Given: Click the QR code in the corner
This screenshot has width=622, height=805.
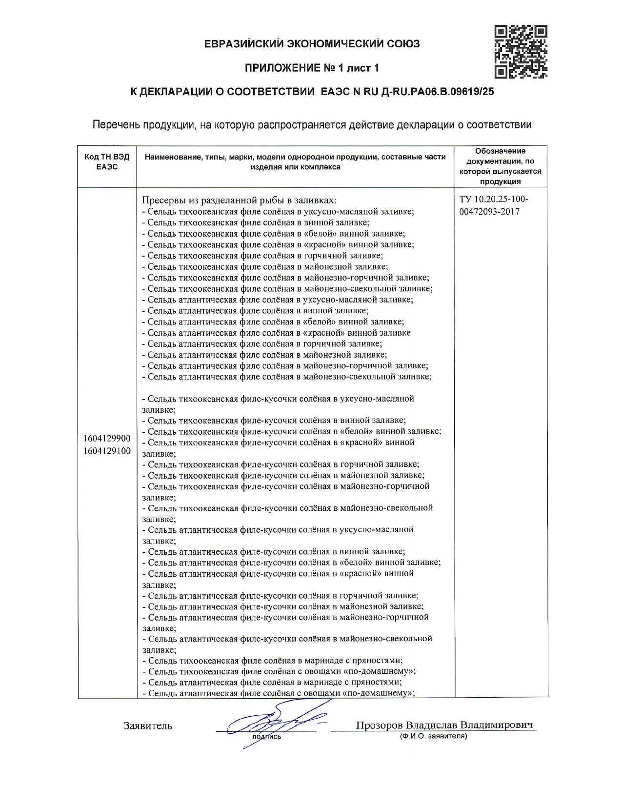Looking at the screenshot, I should pyautogui.click(x=521, y=52).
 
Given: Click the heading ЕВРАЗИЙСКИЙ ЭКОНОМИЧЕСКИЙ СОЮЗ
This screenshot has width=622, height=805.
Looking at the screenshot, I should pyautogui.click(x=312, y=44).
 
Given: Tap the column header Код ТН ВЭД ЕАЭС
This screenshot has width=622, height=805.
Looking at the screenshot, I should pyautogui.click(x=107, y=162).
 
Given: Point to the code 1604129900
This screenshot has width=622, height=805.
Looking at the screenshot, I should pyautogui.click(x=107, y=439).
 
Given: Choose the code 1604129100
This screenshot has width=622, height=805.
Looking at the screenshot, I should pyautogui.click(x=107, y=451).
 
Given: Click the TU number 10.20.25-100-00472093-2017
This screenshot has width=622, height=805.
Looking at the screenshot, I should pyautogui.click(x=494, y=205).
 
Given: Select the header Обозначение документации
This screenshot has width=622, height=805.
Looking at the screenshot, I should pyautogui.click(x=500, y=166).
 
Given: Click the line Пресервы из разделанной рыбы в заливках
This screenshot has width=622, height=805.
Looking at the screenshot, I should pyautogui.click(x=239, y=201).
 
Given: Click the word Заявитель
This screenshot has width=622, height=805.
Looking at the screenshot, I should pyautogui.click(x=148, y=726).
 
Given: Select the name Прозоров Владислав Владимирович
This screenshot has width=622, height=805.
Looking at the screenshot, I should pyautogui.click(x=444, y=725).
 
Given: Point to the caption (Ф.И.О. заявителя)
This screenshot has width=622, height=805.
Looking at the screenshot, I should pyautogui.click(x=433, y=736).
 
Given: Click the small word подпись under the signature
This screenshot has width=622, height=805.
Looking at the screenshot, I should pyautogui.click(x=267, y=737).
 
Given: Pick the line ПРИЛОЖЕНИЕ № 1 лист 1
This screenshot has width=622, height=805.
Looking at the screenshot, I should pyautogui.click(x=312, y=68).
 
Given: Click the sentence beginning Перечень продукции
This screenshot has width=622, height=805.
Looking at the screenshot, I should pyautogui.click(x=312, y=124).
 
